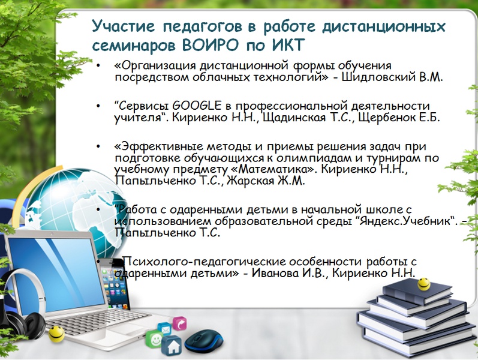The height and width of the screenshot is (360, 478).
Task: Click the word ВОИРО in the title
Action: [x=211, y=46]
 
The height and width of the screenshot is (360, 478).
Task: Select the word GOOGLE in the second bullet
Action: [x=197, y=106]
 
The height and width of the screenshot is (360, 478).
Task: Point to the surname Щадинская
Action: [x=294, y=118]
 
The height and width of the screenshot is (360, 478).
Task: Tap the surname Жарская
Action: [x=250, y=181]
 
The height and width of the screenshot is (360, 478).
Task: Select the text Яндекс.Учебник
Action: [x=405, y=221]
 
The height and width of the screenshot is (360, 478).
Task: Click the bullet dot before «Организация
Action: [x=98, y=65]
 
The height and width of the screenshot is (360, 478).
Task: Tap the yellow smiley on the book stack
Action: [x=424, y=284]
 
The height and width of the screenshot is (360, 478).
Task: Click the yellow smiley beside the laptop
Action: [x=57, y=334]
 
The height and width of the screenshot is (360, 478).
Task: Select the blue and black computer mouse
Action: [x=203, y=341]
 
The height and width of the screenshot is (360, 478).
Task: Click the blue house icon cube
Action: [x=172, y=346]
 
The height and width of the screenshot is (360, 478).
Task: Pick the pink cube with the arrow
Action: [x=179, y=323]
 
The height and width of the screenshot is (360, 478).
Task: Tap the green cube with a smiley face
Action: [x=155, y=338]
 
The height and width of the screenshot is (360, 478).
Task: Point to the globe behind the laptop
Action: [x=76, y=211]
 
